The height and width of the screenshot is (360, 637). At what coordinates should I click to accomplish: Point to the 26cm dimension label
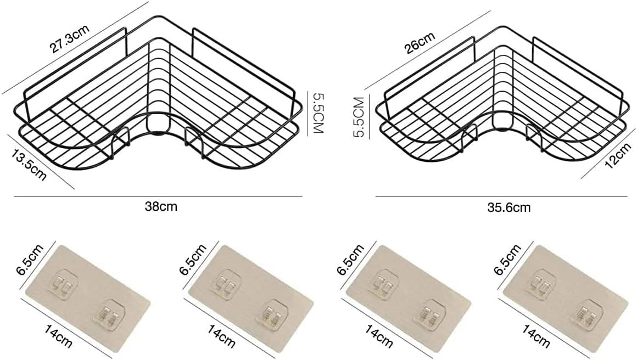(420, 42)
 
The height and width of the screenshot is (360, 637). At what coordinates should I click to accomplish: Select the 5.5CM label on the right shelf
(359, 117)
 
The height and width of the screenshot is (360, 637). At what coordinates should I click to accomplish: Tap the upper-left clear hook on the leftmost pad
(65, 284)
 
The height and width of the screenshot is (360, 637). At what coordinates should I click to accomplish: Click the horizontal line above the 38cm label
(158, 196)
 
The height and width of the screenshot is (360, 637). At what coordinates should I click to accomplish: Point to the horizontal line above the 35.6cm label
(501, 196)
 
